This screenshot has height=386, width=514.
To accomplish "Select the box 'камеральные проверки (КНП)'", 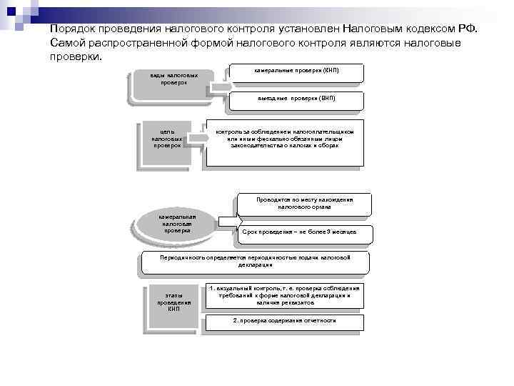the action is click(297, 72).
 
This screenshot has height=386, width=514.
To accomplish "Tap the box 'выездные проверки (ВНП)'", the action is click(297, 99).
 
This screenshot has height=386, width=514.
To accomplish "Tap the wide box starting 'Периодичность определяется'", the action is click(255, 260).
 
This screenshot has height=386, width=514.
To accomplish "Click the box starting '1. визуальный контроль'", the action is click(284, 295).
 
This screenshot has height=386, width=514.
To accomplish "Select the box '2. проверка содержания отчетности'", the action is click(284, 320).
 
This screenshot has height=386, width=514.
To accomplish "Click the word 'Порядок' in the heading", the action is click(74, 29).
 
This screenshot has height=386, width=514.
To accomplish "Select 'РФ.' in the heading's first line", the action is click(474, 29).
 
